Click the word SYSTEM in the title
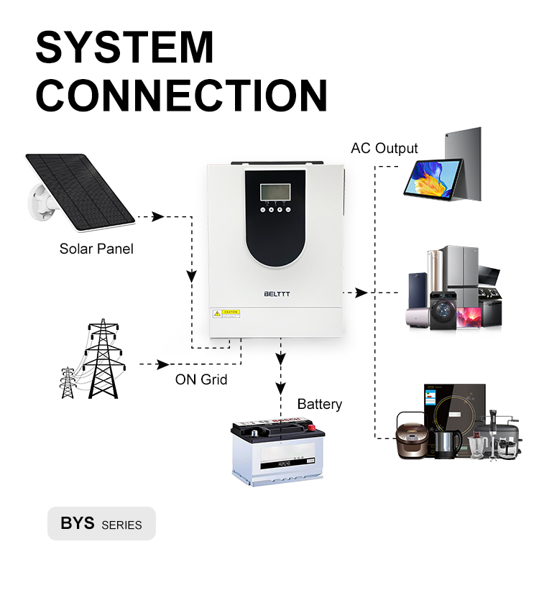125,47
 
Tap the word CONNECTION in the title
181,95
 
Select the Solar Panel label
96,249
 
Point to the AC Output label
384,149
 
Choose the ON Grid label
201,379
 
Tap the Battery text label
319,404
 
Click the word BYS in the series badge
78,523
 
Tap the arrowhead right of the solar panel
157,216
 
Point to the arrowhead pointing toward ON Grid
164,364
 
